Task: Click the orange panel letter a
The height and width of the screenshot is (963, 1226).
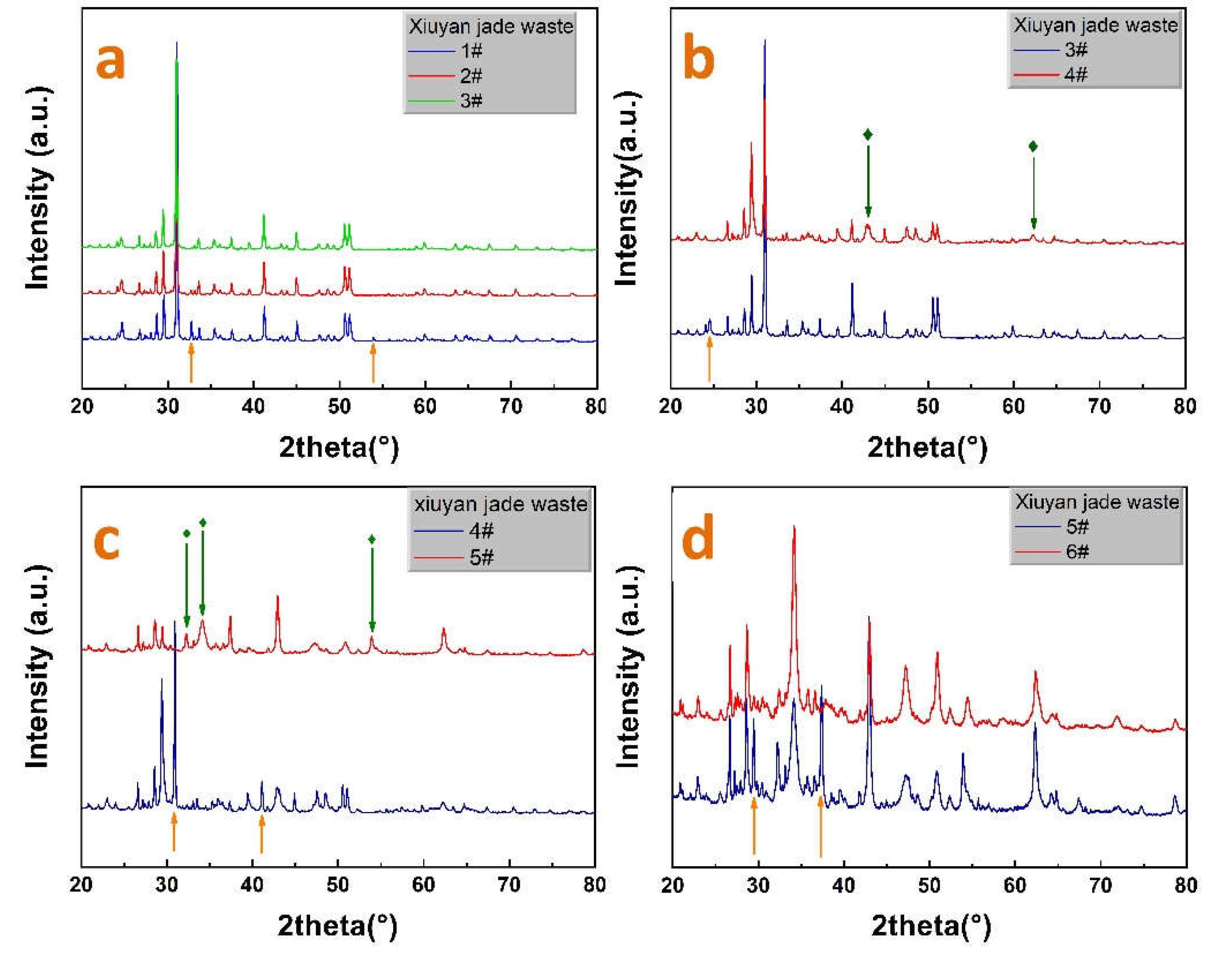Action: click(110, 62)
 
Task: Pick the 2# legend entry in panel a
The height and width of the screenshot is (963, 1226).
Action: click(471, 76)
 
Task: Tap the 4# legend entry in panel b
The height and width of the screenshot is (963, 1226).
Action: click(1075, 74)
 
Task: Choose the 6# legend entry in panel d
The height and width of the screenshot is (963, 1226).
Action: click(1077, 551)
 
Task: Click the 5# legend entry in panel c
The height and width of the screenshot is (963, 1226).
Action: click(482, 558)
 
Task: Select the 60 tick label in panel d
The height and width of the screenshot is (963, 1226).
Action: click(1015, 885)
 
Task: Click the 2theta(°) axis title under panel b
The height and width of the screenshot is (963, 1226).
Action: click(927, 448)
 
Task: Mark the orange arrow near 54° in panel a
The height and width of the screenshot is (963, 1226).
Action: click(372, 364)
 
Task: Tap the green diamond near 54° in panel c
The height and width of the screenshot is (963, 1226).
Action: click(372, 539)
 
